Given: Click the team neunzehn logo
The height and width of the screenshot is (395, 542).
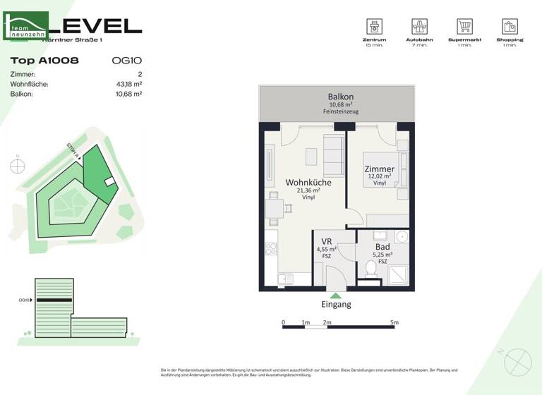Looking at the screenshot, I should tap(26, 25).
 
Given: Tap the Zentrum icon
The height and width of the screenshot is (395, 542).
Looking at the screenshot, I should tap(375, 26).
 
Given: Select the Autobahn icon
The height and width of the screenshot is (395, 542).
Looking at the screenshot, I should tap(420, 26).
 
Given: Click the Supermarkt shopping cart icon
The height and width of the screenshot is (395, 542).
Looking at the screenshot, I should tap(464, 26).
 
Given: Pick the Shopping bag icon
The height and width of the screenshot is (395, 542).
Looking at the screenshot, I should tap(510, 26).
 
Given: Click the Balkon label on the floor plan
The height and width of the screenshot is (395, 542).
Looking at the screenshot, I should tap(340, 97).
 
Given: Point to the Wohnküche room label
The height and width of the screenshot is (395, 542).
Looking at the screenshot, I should tap(308, 182).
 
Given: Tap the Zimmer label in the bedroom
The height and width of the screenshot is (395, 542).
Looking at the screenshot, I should tap(379, 169).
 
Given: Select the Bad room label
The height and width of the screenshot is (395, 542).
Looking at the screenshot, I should tap(383, 247).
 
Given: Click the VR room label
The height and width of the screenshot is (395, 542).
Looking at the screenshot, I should tap(327, 241).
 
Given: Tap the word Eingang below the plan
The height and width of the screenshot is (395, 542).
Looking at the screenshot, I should tap(336, 305).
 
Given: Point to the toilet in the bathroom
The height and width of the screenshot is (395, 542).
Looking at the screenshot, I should tap(371, 269).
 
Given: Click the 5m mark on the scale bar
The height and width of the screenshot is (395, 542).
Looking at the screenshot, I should tap(394, 322).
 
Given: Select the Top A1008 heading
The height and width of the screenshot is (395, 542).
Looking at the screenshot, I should tap(44, 61).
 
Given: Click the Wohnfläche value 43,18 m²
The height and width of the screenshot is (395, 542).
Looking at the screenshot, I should tap(129, 84).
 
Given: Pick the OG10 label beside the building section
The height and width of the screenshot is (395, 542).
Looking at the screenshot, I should tap(25, 300).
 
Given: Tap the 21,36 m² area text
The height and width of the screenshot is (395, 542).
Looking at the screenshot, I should tap(308, 190).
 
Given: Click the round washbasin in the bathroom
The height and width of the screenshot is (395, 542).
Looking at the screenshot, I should tap(402, 236).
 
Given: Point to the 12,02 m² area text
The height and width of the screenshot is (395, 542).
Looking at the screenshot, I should tap(379, 176).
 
